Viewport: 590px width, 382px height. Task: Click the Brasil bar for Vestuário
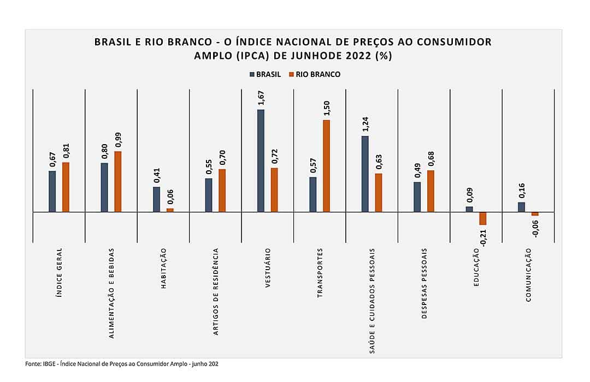pyautogui.click(x=261, y=160)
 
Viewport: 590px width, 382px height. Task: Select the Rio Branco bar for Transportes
pyautogui.click(x=326, y=165)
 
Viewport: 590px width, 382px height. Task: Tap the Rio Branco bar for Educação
pyautogui.click(x=482, y=218)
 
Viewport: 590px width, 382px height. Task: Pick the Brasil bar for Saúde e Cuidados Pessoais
pyautogui.click(x=365, y=174)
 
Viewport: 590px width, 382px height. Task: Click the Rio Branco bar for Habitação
pyautogui.click(x=170, y=210)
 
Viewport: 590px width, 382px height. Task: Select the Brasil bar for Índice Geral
pyautogui.click(x=52, y=191)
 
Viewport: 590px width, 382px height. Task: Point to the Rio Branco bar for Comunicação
pyautogui.click(x=535, y=213)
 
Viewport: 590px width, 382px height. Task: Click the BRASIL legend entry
pyautogui.click(x=265, y=74)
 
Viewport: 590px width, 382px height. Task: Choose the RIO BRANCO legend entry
pyautogui.click(x=315, y=74)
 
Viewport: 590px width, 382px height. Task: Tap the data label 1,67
pyautogui.click(x=261, y=98)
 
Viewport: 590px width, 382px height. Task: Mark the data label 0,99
pyautogui.click(x=118, y=140)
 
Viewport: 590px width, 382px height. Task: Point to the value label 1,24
pyautogui.click(x=365, y=124)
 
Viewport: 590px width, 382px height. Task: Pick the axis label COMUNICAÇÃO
pyautogui.click(x=528, y=274)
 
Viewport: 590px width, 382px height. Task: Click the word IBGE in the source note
pyautogui.click(x=49, y=363)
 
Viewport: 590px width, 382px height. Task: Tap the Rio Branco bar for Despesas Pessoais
pyautogui.click(x=430, y=190)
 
